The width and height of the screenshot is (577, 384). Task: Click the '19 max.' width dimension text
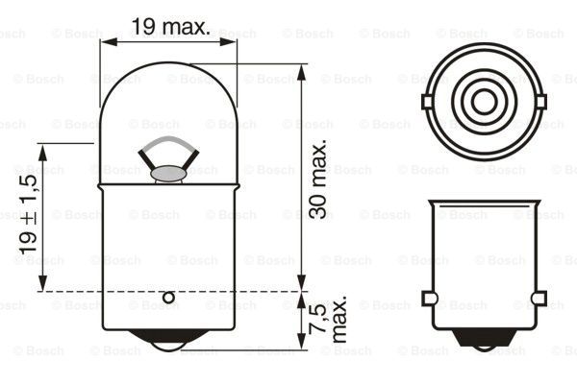coord(170,27)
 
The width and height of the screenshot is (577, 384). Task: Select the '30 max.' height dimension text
coord(320,179)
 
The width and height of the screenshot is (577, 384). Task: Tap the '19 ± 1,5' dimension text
coord(26,216)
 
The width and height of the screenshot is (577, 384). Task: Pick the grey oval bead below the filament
coord(169,174)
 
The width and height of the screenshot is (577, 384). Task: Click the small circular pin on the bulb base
coord(169,299)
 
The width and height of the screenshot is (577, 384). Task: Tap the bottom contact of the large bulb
coord(169,340)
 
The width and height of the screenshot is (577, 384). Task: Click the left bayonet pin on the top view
coord(427,100)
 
